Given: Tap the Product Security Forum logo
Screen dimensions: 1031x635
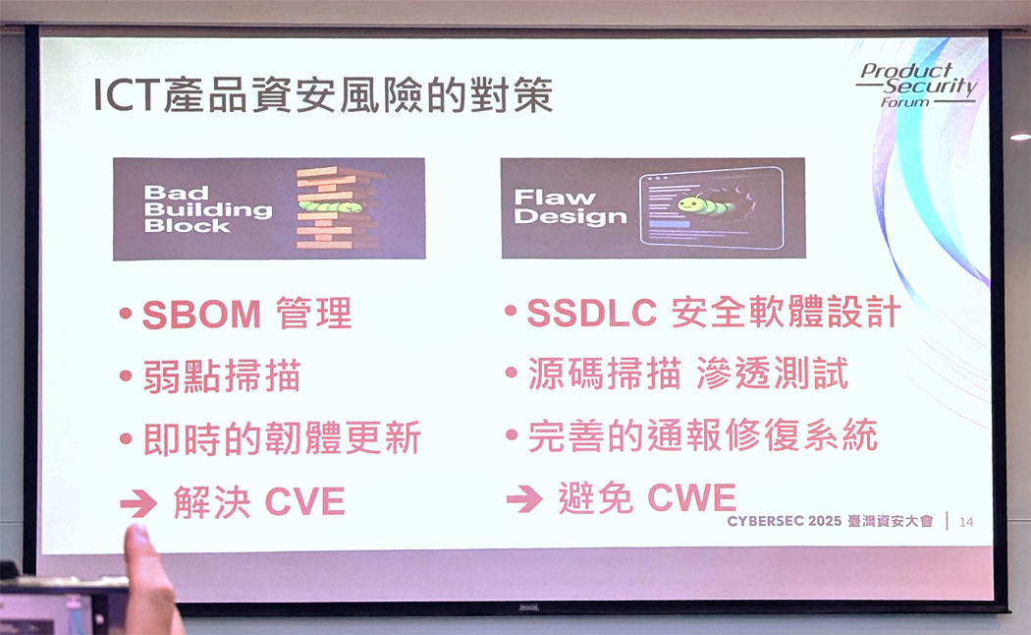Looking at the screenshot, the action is click(x=917, y=85).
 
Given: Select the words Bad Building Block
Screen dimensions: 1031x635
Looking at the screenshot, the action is click(x=208, y=209).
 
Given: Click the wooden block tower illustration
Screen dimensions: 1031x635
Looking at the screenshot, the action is click(x=338, y=208).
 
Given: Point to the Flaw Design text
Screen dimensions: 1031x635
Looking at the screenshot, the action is click(x=570, y=206).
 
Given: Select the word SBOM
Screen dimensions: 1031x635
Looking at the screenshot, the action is click(x=201, y=315).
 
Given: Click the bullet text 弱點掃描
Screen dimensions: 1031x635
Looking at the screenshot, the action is click(x=222, y=375).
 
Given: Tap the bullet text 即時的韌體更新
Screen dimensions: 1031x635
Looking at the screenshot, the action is click(x=282, y=438).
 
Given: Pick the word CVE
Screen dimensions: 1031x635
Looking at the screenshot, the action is click(x=305, y=502).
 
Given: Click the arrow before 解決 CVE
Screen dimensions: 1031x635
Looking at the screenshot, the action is click(x=138, y=504).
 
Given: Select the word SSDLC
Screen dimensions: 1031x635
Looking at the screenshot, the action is click(x=592, y=313).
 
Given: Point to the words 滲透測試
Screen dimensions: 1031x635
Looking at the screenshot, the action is click(x=772, y=374).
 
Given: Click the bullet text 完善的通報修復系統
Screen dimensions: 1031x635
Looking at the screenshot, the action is click(x=702, y=434).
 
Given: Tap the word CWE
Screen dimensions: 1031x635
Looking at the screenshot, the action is click(x=691, y=497).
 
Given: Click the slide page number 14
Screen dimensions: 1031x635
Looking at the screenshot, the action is click(x=966, y=522).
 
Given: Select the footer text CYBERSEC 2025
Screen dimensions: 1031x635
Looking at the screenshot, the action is click(x=784, y=521).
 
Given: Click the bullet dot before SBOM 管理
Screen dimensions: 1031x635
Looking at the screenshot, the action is click(x=126, y=314).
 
